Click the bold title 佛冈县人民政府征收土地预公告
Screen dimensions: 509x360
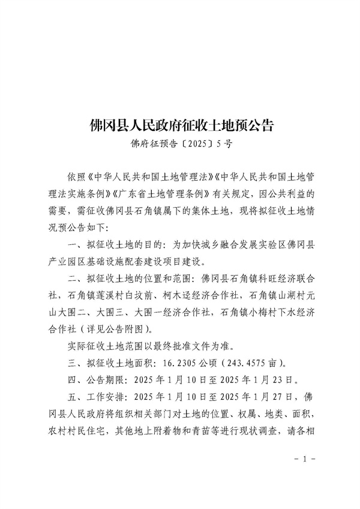coord(181,125)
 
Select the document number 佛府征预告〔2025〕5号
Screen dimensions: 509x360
coord(181,144)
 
